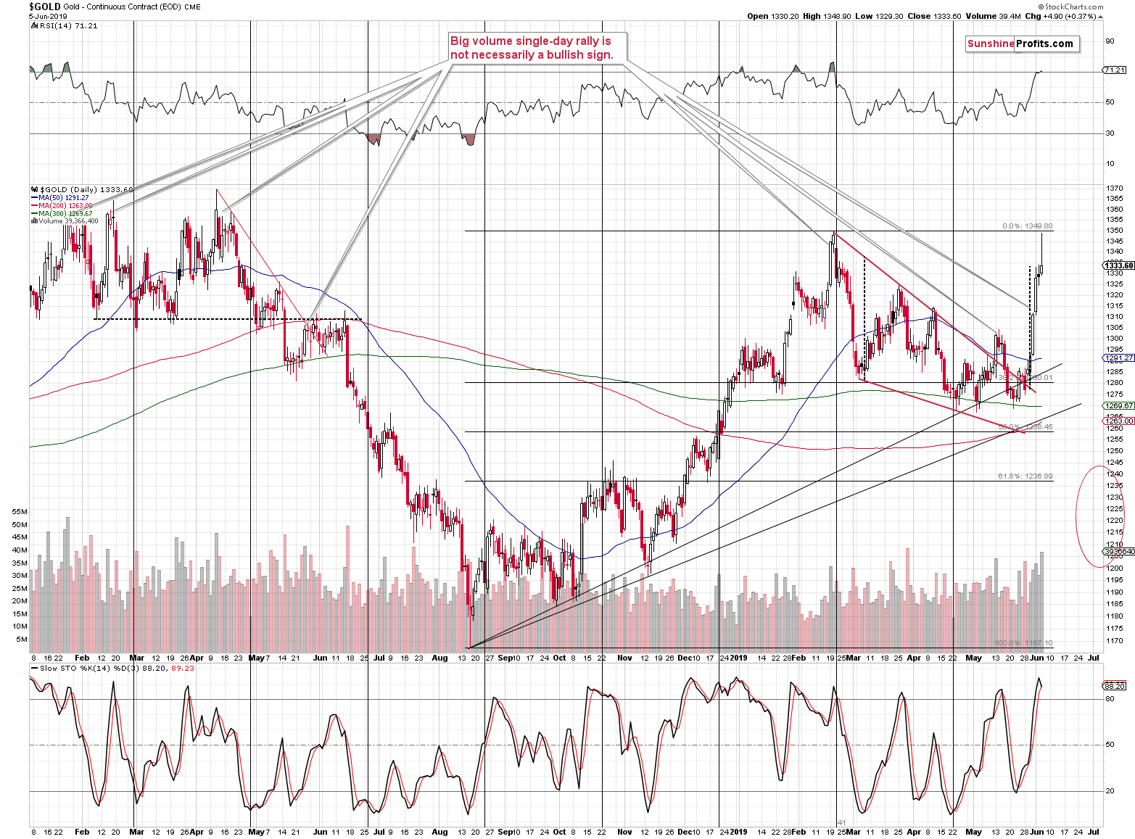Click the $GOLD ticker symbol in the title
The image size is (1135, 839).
[x=44, y=7]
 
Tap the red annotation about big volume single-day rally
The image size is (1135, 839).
[x=531, y=48]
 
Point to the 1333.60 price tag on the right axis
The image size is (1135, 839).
[x=1118, y=265]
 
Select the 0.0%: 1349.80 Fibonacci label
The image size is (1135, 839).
[x=1027, y=226]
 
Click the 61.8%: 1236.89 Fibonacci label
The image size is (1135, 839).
[x=1025, y=476]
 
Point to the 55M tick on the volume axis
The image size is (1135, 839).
[x=20, y=511]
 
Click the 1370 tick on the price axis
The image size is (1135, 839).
[x=1114, y=189]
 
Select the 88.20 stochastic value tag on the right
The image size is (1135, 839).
[x=1114, y=685]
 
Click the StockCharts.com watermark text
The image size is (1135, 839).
[x=1073, y=7]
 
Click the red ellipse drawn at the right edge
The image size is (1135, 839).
[x=1099, y=516]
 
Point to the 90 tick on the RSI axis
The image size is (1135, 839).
[x=1110, y=41]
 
